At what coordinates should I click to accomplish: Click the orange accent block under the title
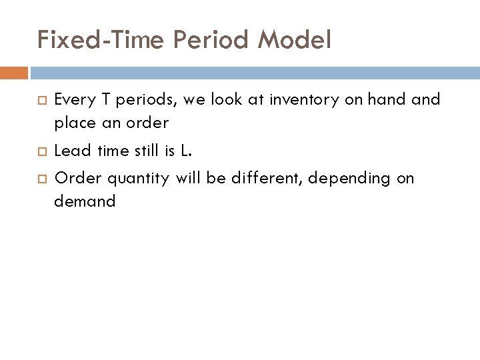point(14,73)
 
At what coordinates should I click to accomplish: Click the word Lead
point(73,151)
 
